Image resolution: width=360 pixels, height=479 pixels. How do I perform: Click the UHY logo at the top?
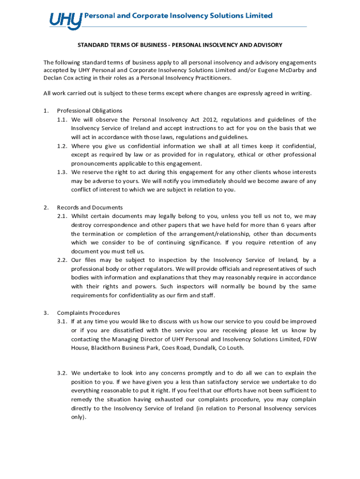(65, 20)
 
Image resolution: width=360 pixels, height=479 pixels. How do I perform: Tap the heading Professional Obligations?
(89, 111)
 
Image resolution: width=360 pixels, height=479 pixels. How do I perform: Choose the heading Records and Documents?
(90, 207)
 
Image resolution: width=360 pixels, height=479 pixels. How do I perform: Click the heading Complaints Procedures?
(88, 313)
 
